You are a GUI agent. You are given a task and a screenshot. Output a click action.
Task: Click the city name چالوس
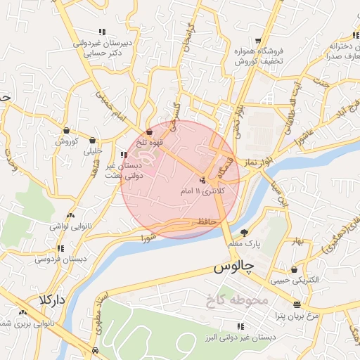pos(231,268)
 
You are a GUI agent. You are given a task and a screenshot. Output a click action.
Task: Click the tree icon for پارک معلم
pos(245,233)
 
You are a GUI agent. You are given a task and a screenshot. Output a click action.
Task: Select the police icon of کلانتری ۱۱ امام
pos(203,179)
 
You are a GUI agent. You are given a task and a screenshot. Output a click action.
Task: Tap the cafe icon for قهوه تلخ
pos(149,131)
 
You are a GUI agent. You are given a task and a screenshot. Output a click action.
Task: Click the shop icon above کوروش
pos(66,130)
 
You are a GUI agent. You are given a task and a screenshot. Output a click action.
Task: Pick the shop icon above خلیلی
pos(93,139)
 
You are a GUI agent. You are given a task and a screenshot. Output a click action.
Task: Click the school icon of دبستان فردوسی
pos(60,248)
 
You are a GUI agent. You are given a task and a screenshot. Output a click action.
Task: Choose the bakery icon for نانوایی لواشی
pos(70,215)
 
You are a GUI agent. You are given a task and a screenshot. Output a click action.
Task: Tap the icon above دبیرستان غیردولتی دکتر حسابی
pos(103,32)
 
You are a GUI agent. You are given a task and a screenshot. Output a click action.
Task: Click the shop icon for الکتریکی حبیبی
pos(294,269)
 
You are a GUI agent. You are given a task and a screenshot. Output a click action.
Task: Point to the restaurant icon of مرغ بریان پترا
pos(297,304)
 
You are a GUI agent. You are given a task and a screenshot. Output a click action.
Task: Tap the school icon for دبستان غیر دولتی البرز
pos(241,326)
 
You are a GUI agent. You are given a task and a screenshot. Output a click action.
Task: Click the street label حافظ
pos(205,221)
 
